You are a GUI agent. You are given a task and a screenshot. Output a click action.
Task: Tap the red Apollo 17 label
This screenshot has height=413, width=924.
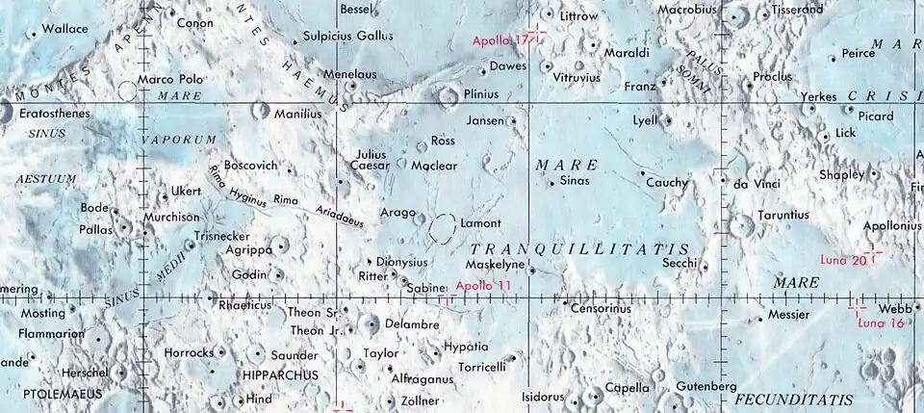[x=500, y=41]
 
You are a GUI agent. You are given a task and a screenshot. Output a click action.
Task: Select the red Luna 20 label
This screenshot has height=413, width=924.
[x=844, y=259]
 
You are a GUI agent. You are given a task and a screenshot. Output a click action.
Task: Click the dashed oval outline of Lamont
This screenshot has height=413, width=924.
[x=443, y=228]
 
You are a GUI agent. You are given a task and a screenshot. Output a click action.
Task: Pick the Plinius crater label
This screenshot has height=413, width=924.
[x=481, y=94]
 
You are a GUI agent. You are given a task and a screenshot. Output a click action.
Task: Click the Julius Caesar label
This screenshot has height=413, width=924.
[x=371, y=160]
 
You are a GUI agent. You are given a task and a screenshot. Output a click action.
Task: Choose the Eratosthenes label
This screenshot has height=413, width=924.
[x=55, y=114]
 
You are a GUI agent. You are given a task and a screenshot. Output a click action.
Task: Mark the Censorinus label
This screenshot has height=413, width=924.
[x=601, y=309]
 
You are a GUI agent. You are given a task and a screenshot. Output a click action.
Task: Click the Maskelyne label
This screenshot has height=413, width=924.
[x=494, y=264]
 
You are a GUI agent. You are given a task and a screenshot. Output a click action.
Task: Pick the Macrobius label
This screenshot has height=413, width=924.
[x=689, y=10]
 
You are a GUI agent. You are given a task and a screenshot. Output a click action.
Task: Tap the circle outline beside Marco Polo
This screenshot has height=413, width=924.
[x=125, y=91]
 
